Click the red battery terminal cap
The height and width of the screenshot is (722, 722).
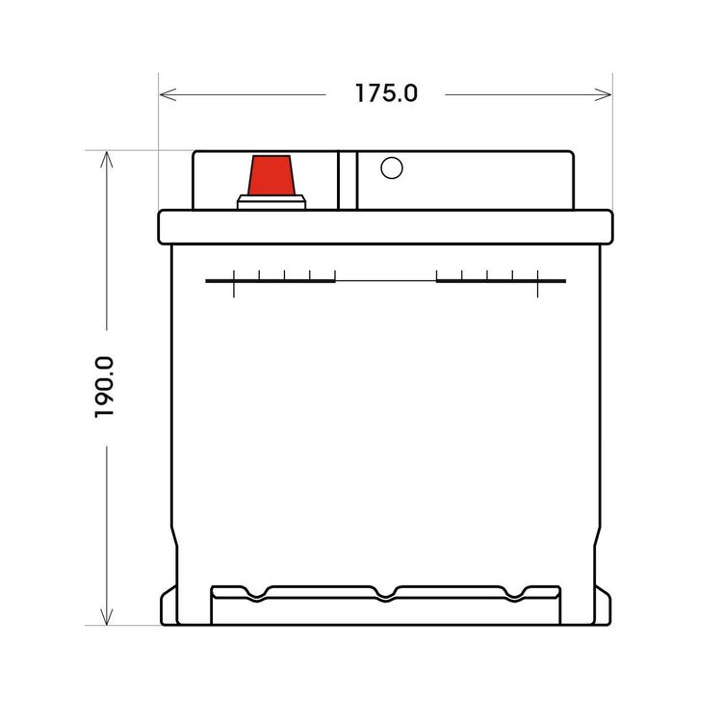(271, 175)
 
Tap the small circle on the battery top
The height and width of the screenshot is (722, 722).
(392, 168)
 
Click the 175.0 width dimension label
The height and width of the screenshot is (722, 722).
(386, 93)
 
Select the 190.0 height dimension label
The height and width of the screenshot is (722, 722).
(104, 387)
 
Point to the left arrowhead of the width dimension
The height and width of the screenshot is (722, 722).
(168, 95)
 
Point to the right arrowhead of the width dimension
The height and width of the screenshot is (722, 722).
(604, 95)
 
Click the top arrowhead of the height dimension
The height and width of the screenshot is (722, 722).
(106, 159)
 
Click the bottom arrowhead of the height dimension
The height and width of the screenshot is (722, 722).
(106, 616)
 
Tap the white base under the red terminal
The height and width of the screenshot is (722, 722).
(271, 202)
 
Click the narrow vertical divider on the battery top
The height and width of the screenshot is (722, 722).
(348, 181)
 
